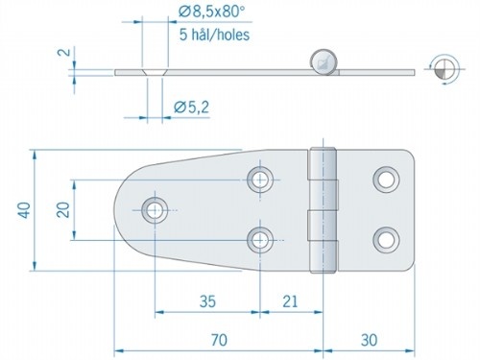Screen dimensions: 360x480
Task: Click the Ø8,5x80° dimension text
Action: pyautogui.click(x=210, y=12)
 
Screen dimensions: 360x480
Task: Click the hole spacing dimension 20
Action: pyautogui.click(x=62, y=208)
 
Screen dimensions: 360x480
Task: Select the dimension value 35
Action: pyautogui.click(x=205, y=300)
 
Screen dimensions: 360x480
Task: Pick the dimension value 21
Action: pyautogui.click(x=290, y=300)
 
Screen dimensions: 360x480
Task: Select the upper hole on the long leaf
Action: pyautogui.click(x=259, y=178)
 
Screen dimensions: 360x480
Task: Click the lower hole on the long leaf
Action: pyautogui.click(x=259, y=238)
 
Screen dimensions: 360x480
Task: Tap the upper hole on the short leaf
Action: pyautogui.click(x=386, y=178)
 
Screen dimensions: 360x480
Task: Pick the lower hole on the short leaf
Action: pyautogui.click(x=386, y=238)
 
